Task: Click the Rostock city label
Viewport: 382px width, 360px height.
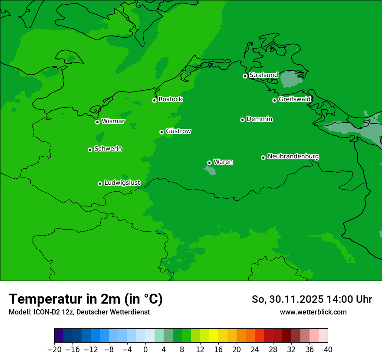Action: click(170, 99)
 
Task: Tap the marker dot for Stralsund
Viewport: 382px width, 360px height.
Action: click(245, 76)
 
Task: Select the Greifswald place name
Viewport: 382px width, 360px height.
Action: click(294, 99)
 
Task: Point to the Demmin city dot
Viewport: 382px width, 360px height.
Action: click(242, 120)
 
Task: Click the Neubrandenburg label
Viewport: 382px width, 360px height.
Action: click(293, 156)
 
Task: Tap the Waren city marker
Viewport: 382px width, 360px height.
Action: click(209, 163)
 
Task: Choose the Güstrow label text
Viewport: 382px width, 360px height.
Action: click(178, 131)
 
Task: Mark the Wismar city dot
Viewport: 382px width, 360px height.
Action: click(97, 122)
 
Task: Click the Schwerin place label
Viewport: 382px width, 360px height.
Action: click(108, 149)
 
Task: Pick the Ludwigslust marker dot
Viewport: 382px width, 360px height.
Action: click(100, 183)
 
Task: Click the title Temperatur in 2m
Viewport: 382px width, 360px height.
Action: click(86, 299)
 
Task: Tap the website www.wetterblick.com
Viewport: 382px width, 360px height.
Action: click(313, 312)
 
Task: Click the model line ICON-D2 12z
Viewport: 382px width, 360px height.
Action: click(79, 312)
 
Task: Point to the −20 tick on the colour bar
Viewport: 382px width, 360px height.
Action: click(54, 349)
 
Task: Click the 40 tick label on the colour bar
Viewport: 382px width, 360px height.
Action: click(328, 349)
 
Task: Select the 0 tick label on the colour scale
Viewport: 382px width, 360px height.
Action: click(145, 349)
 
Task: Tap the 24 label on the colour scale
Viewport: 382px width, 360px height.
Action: click(255, 349)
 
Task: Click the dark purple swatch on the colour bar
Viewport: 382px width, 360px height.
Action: click(59, 335)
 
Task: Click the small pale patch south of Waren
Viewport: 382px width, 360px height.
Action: click(210, 170)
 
